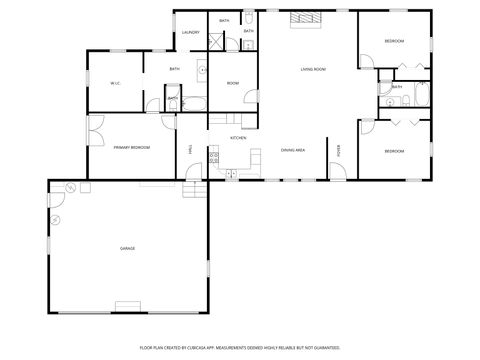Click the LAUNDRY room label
pyautogui.click(x=191, y=32)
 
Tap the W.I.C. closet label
pyautogui.click(x=115, y=83)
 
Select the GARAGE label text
pyautogui.click(x=127, y=248)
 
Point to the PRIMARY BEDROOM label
pyautogui.click(x=131, y=147)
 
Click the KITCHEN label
pyautogui.click(x=238, y=137)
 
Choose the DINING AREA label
pyautogui.click(x=292, y=148)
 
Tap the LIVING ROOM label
pyautogui.click(x=313, y=69)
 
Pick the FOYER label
pyautogui.click(x=339, y=149)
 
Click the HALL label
pyautogui.click(x=190, y=149)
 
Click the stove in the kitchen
pyautogui.click(x=230, y=172)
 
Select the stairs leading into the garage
pyautogui.click(x=198, y=191)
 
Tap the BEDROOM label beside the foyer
pyautogui.click(x=395, y=151)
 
